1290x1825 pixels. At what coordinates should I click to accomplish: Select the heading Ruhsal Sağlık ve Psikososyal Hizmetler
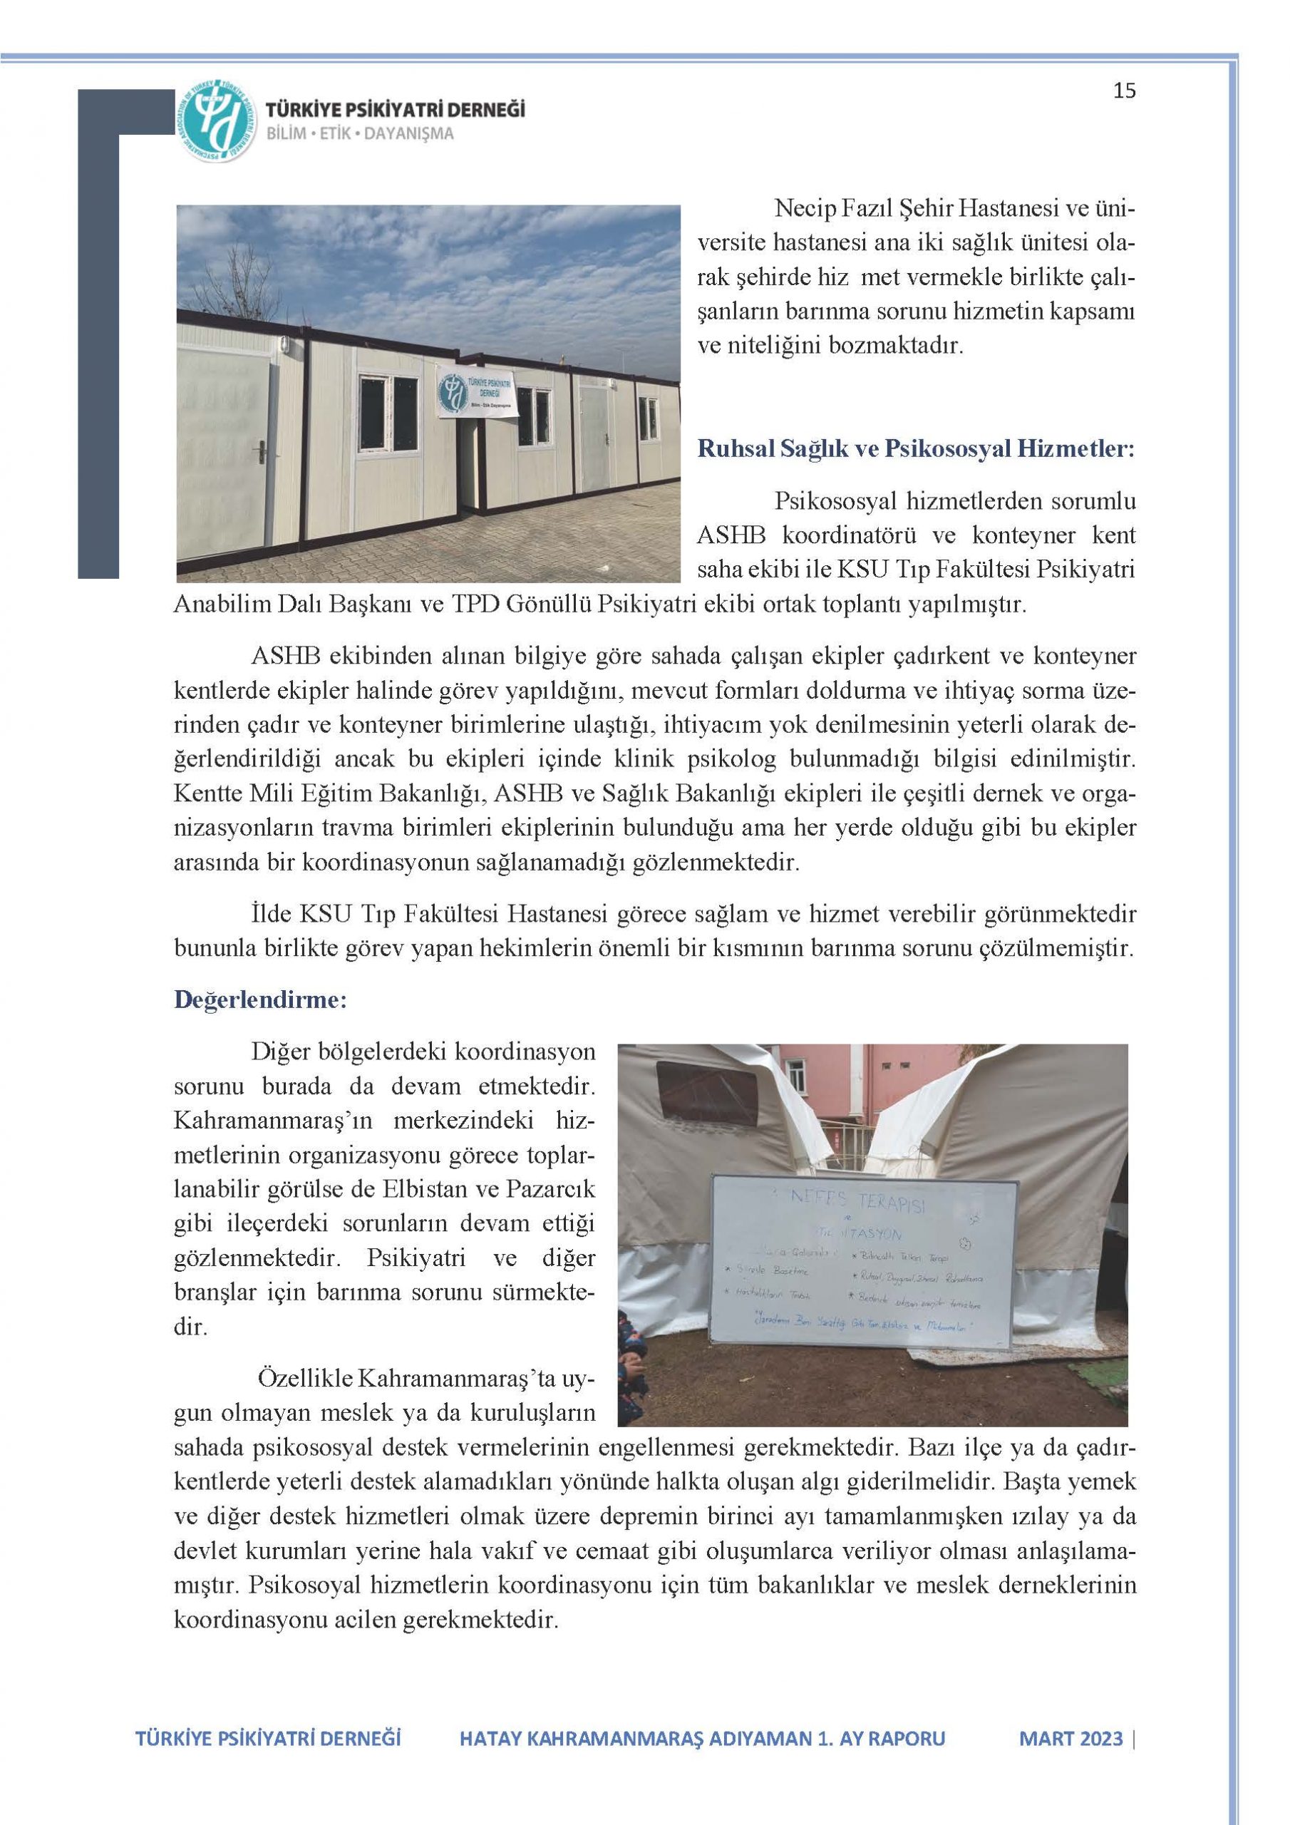pyautogui.click(x=916, y=449)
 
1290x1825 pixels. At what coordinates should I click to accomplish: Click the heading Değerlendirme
pyautogui.click(x=260, y=1000)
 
